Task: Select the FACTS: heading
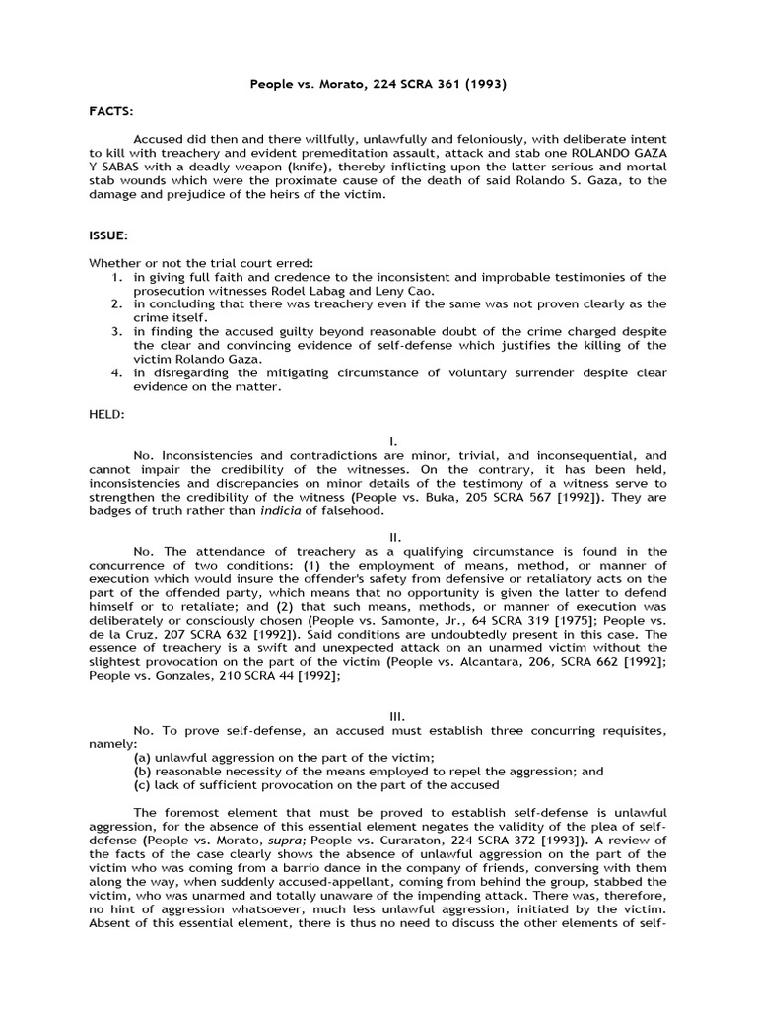point(110,113)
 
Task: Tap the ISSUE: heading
point(108,236)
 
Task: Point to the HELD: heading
point(107,415)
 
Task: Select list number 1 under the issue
point(116,277)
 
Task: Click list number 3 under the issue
point(116,332)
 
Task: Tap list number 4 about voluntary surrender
point(116,373)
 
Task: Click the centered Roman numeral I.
point(378,442)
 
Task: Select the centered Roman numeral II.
point(378,537)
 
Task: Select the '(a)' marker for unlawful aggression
point(143,758)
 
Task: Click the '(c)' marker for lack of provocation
point(143,785)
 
